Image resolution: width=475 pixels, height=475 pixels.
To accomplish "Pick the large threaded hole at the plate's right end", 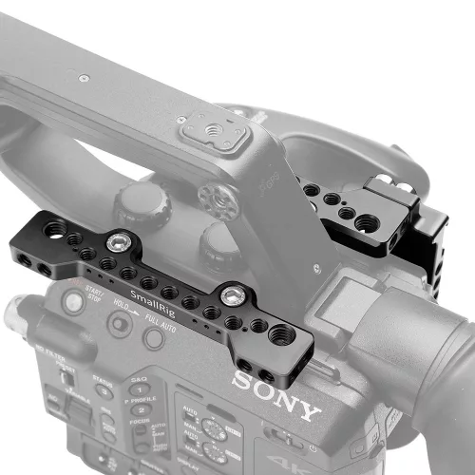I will pyautogui.click(x=281, y=334).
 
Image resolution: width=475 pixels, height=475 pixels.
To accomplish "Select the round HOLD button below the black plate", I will pyautogui.click(x=118, y=324).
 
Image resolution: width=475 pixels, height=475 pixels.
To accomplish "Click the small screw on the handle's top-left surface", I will pyautogui.click(x=84, y=76).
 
